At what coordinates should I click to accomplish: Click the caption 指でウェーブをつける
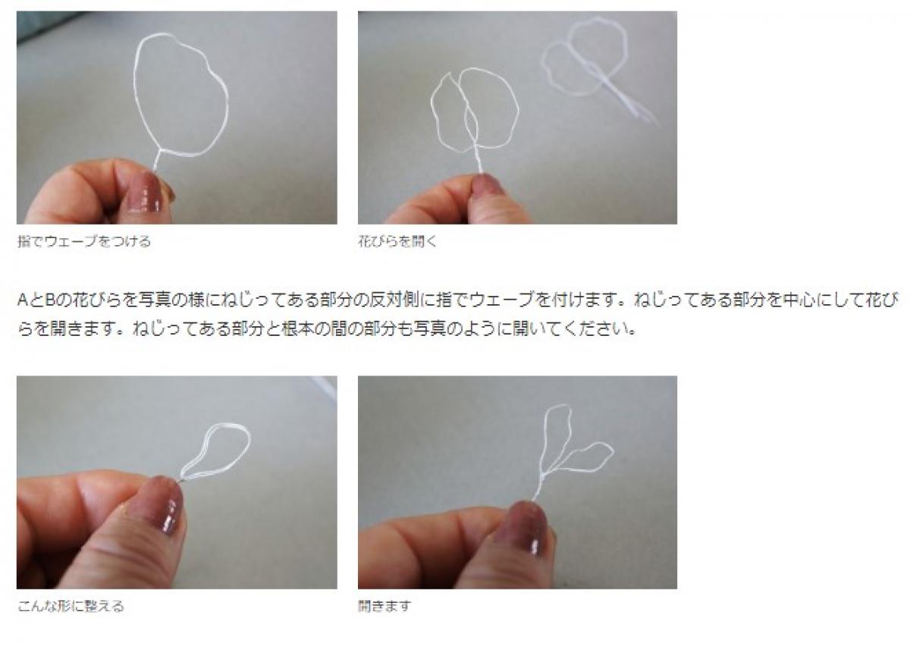(x=84, y=241)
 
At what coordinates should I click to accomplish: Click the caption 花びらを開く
(x=397, y=241)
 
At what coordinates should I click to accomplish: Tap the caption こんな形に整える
(x=71, y=606)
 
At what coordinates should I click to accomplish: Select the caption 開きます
(x=384, y=606)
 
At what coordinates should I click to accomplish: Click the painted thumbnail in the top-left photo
(x=145, y=192)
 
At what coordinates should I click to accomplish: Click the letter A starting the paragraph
(x=23, y=300)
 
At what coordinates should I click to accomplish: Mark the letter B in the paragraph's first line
(x=50, y=300)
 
